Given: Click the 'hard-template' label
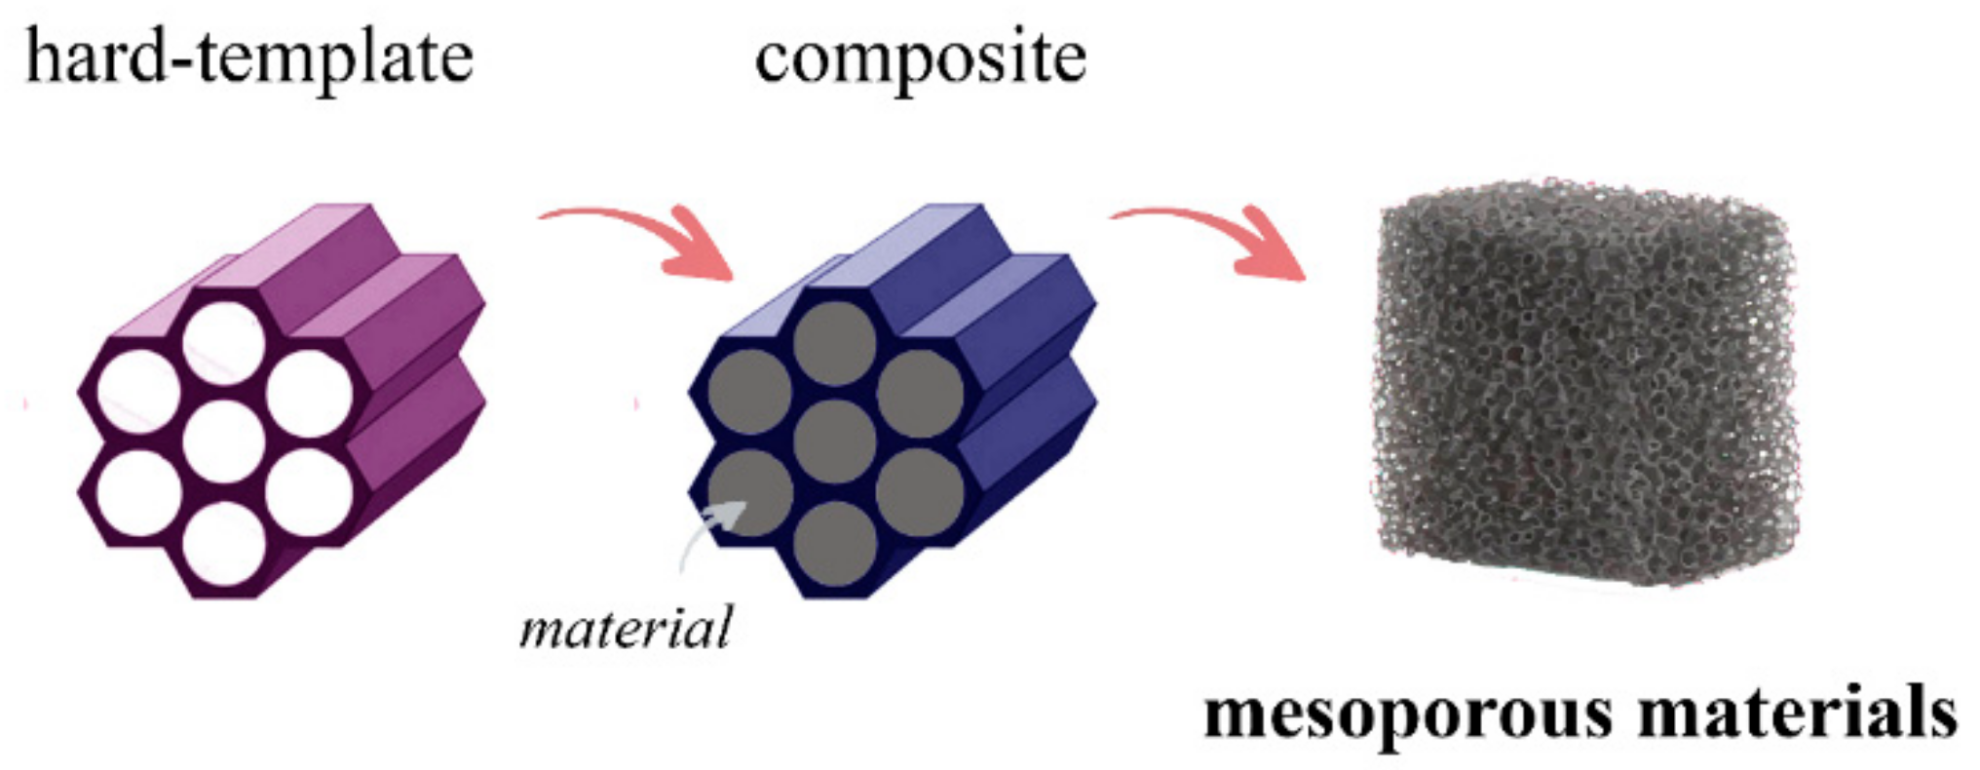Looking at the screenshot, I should pyautogui.click(x=248, y=57).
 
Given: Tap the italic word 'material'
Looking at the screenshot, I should pyautogui.click(x=626, y=628).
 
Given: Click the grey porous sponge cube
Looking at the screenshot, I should pyautogui.click(x=1583, y=385).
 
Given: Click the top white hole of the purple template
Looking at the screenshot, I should pyautogui.click(x=224, y=342).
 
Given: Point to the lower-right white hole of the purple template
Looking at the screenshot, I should pyautogui.click(x=308, y=492).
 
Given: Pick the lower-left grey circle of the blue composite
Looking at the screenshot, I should pyautogui.click(x=749, y=492).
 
